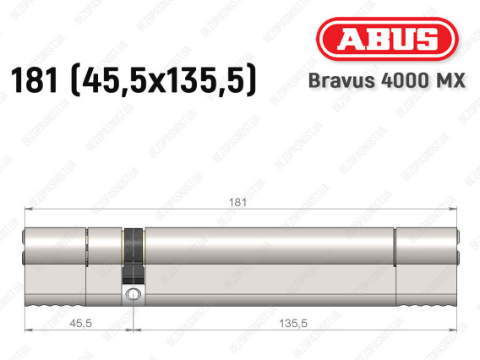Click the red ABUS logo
(x=387, y=39)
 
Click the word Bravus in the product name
(x=341, y=80)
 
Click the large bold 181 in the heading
(x=34, y=80)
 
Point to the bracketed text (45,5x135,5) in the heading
(x=163, y=80)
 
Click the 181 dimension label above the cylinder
(x=237, y=202)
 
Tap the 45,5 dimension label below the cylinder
(x=80, y=324)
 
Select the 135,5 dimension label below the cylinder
(x=293, y=324)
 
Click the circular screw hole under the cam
(x=134, y=294)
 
